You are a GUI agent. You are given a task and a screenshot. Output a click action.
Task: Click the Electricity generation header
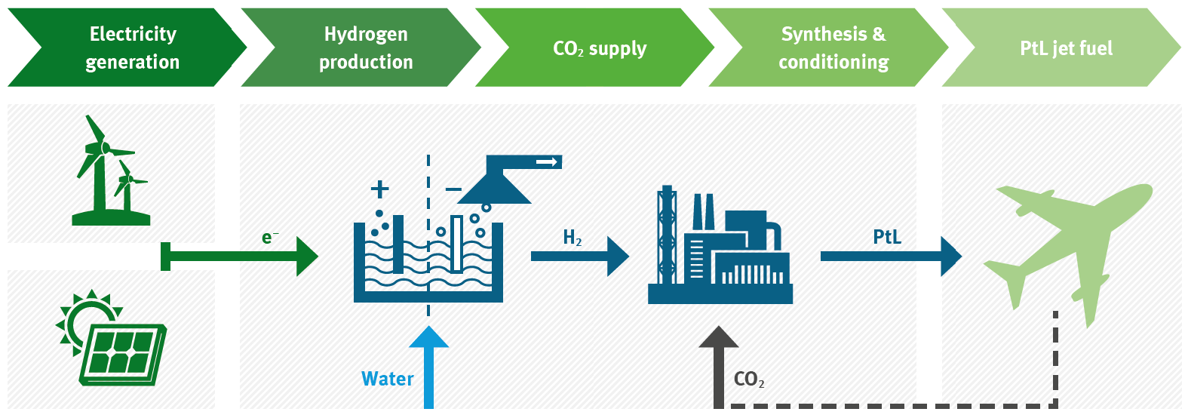click(x=132, y=48)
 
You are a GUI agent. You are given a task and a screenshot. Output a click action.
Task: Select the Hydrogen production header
click(x=366, y=48)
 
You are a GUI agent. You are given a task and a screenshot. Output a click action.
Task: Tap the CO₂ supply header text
click(x=600, y=48)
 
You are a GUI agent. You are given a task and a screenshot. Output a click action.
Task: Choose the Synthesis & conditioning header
click(x=833, y=48)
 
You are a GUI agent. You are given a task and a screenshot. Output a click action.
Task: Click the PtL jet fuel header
click(x=1066, y=48)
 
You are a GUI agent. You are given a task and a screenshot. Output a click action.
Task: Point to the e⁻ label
click(x=269, y=238)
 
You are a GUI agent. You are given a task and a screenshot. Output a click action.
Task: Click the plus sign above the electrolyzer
click(x=380, y=189)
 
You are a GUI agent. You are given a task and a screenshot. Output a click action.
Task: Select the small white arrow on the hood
click(x=547, y=162)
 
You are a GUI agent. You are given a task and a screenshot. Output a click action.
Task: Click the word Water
click(x=388, y=379)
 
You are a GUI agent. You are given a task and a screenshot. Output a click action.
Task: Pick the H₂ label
click(x=573, y=238)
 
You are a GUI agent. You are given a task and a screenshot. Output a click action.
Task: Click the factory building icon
click(x=720, y=249)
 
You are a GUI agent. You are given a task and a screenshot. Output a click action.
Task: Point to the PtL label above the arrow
click(x=887, y=237)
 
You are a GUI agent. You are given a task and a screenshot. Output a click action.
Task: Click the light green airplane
click(x=1071, y=241)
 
